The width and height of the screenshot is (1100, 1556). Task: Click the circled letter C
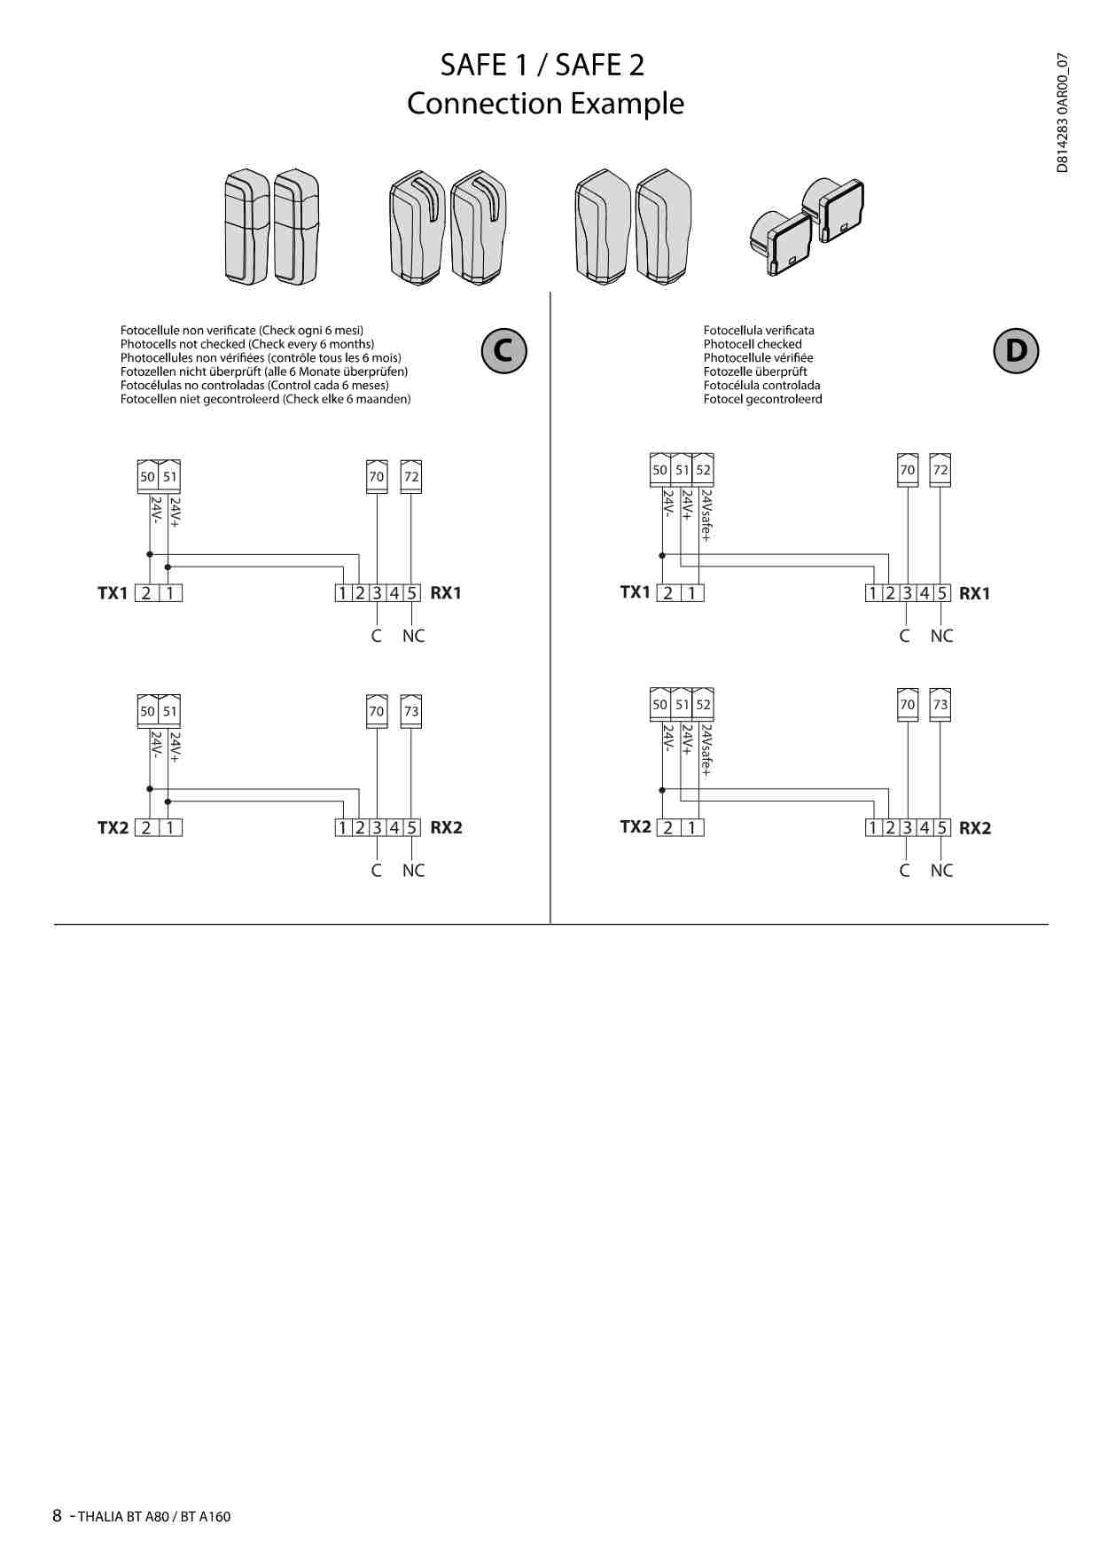coord(503,350)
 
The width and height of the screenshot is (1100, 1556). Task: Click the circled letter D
coord(1015,350)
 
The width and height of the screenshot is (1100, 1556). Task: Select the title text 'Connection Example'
coord(545,104)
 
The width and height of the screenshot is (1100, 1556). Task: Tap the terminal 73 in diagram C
coord(411,711)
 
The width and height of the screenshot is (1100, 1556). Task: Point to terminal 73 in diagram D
coord(940,705)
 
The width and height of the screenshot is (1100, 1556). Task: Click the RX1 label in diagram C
coord(446,593)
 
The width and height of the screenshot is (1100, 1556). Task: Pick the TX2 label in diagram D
coord(636,827)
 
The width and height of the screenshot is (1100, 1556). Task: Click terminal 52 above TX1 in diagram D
coord(703,470)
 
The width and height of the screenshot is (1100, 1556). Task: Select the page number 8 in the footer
coord(58,1515)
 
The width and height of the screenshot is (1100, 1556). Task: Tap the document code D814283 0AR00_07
coord(1063,113)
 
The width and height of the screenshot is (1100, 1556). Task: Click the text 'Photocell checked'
coord(753,344)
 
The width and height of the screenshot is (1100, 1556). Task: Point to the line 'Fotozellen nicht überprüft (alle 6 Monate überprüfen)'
coord(264,371)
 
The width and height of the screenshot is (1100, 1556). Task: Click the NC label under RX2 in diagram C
coord(413,871)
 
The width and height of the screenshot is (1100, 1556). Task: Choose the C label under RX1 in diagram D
coord(904,636)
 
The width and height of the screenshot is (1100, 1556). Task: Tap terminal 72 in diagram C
coord(411,476)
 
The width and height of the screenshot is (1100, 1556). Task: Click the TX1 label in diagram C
coord(113,593)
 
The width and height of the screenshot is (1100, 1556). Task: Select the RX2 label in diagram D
coord(975,828)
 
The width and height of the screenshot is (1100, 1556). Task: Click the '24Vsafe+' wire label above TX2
coord(706,750)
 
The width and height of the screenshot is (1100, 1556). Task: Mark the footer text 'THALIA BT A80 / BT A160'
coord(154,1516)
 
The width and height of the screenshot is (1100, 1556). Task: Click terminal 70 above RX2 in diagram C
coord(377,711)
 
